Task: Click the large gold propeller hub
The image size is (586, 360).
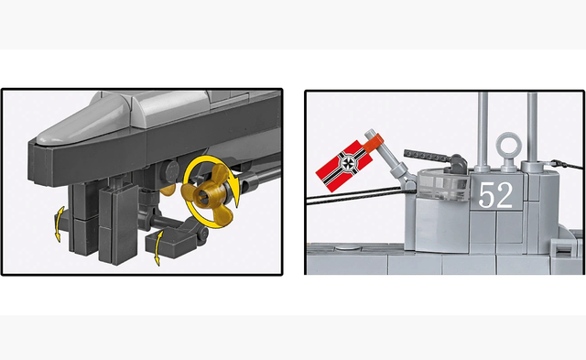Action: coord(202,193)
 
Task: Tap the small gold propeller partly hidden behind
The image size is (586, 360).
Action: coord(168,189)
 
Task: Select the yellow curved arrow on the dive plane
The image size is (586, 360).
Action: coord(158,247)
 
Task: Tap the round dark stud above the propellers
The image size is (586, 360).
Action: coord(171,171)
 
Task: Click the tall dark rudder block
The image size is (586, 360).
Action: coord(118,224)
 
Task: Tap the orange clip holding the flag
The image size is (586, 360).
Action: coord(373,144)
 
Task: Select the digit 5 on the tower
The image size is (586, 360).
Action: coord(486,195)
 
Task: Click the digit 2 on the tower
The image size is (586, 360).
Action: coord(505,194)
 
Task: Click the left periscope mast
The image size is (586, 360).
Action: coord(483,131)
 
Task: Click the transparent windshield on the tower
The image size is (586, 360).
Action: coord(443,184)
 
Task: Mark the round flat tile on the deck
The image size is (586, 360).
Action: coord(348,247)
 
